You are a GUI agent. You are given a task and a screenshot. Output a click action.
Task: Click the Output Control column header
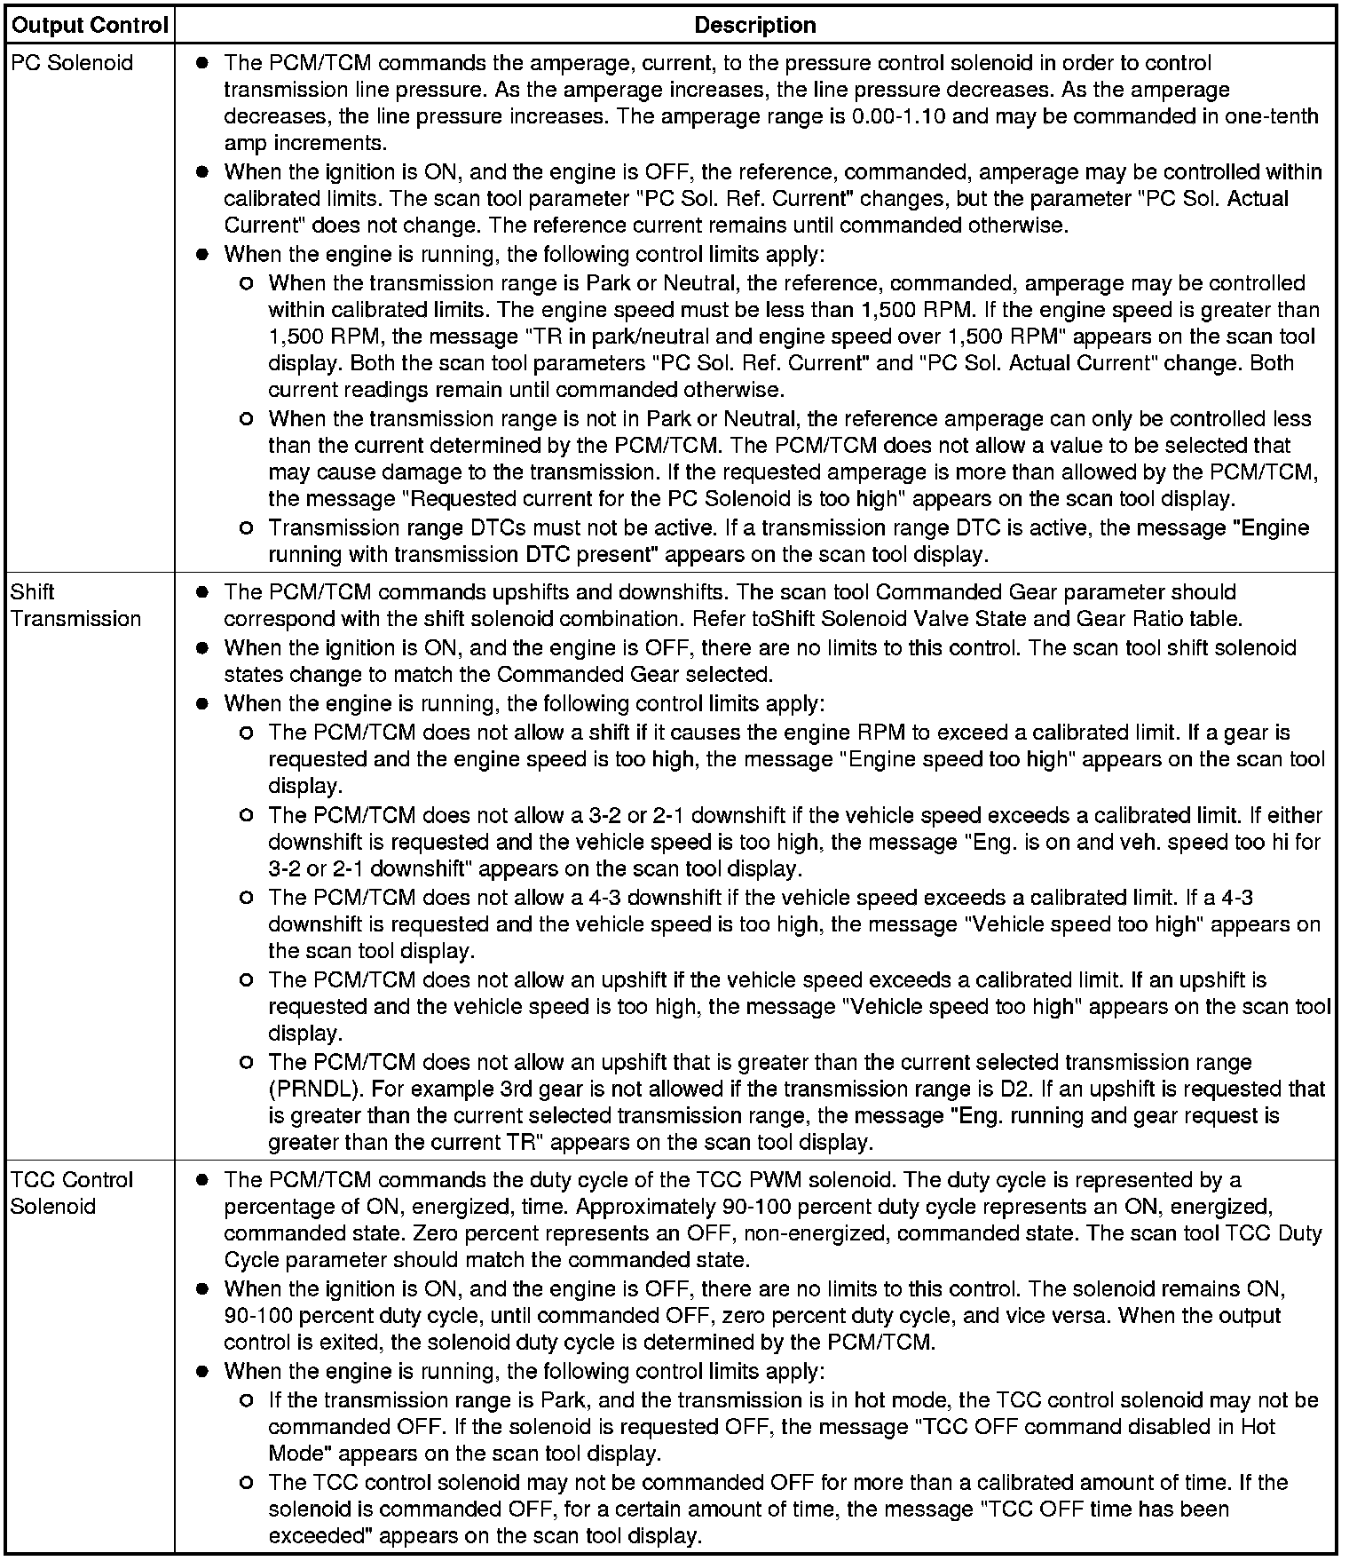89,26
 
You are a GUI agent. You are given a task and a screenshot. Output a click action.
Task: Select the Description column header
754,26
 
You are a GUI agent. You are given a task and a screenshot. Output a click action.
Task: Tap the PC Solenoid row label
72,63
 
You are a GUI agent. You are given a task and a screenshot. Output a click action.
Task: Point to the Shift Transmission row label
75,606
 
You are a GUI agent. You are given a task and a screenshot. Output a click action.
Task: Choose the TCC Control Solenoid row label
72,1193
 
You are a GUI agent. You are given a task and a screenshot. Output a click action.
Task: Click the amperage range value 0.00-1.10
897,116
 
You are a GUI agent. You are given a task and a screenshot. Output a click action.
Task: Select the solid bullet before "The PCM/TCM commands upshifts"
203,592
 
